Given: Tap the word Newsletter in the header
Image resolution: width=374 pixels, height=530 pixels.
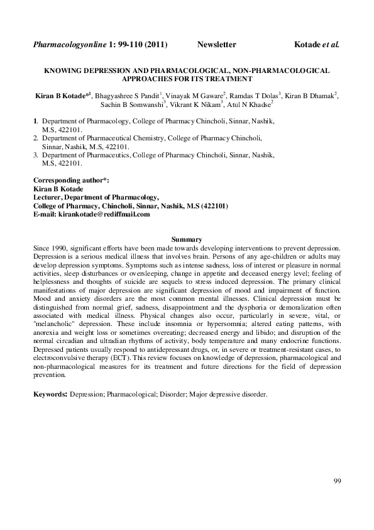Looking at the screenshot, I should (216, 45).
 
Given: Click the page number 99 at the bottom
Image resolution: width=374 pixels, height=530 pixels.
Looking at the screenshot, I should (337, 482).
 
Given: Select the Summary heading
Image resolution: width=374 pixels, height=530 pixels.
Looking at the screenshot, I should (187, 239).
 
